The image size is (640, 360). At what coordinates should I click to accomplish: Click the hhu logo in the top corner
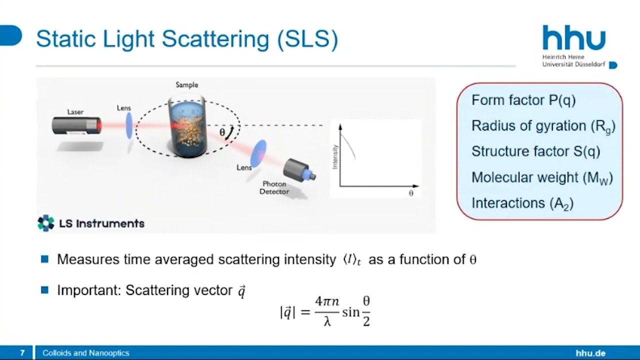click(x=574, y=39)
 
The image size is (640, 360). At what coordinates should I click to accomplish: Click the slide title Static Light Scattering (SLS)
click(x=187, y=39)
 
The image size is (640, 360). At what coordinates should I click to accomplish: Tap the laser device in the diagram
click(x=76, y=125)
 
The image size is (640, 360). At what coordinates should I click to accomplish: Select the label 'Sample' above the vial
click(x=186, y=85)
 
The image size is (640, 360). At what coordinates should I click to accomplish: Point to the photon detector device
click(x=299, y=170)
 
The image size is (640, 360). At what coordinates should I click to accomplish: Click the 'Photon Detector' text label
click(x=274, y=187)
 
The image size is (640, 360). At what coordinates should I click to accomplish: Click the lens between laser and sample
click(x=129, y=125)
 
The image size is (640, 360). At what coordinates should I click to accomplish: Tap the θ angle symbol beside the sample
click(x=222, y=132)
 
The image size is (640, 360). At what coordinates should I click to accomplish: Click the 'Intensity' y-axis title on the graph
click(x=335, y=156)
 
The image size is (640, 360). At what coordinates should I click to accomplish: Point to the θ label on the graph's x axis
click(x=411, y=193)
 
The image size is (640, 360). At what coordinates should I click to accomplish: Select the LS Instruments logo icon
click(x=46, y=223)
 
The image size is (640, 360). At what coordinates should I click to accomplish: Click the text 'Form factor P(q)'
click(x=523, y=100)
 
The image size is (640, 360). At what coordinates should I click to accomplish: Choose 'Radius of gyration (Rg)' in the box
click(x=543, y=126)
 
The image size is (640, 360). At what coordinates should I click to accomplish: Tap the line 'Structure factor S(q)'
click(x=535, y=151)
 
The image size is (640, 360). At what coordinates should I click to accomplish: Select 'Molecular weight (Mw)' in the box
click(x=542, y=177)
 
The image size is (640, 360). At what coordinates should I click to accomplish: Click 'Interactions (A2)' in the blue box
click(x=522, y=203)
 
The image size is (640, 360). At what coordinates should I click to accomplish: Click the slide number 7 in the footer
click(x=22, y=353)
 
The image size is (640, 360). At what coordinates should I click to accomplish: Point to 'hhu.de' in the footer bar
click(x=590, y=353)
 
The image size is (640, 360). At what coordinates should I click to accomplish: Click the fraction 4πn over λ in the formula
click(x=327, y=310)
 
